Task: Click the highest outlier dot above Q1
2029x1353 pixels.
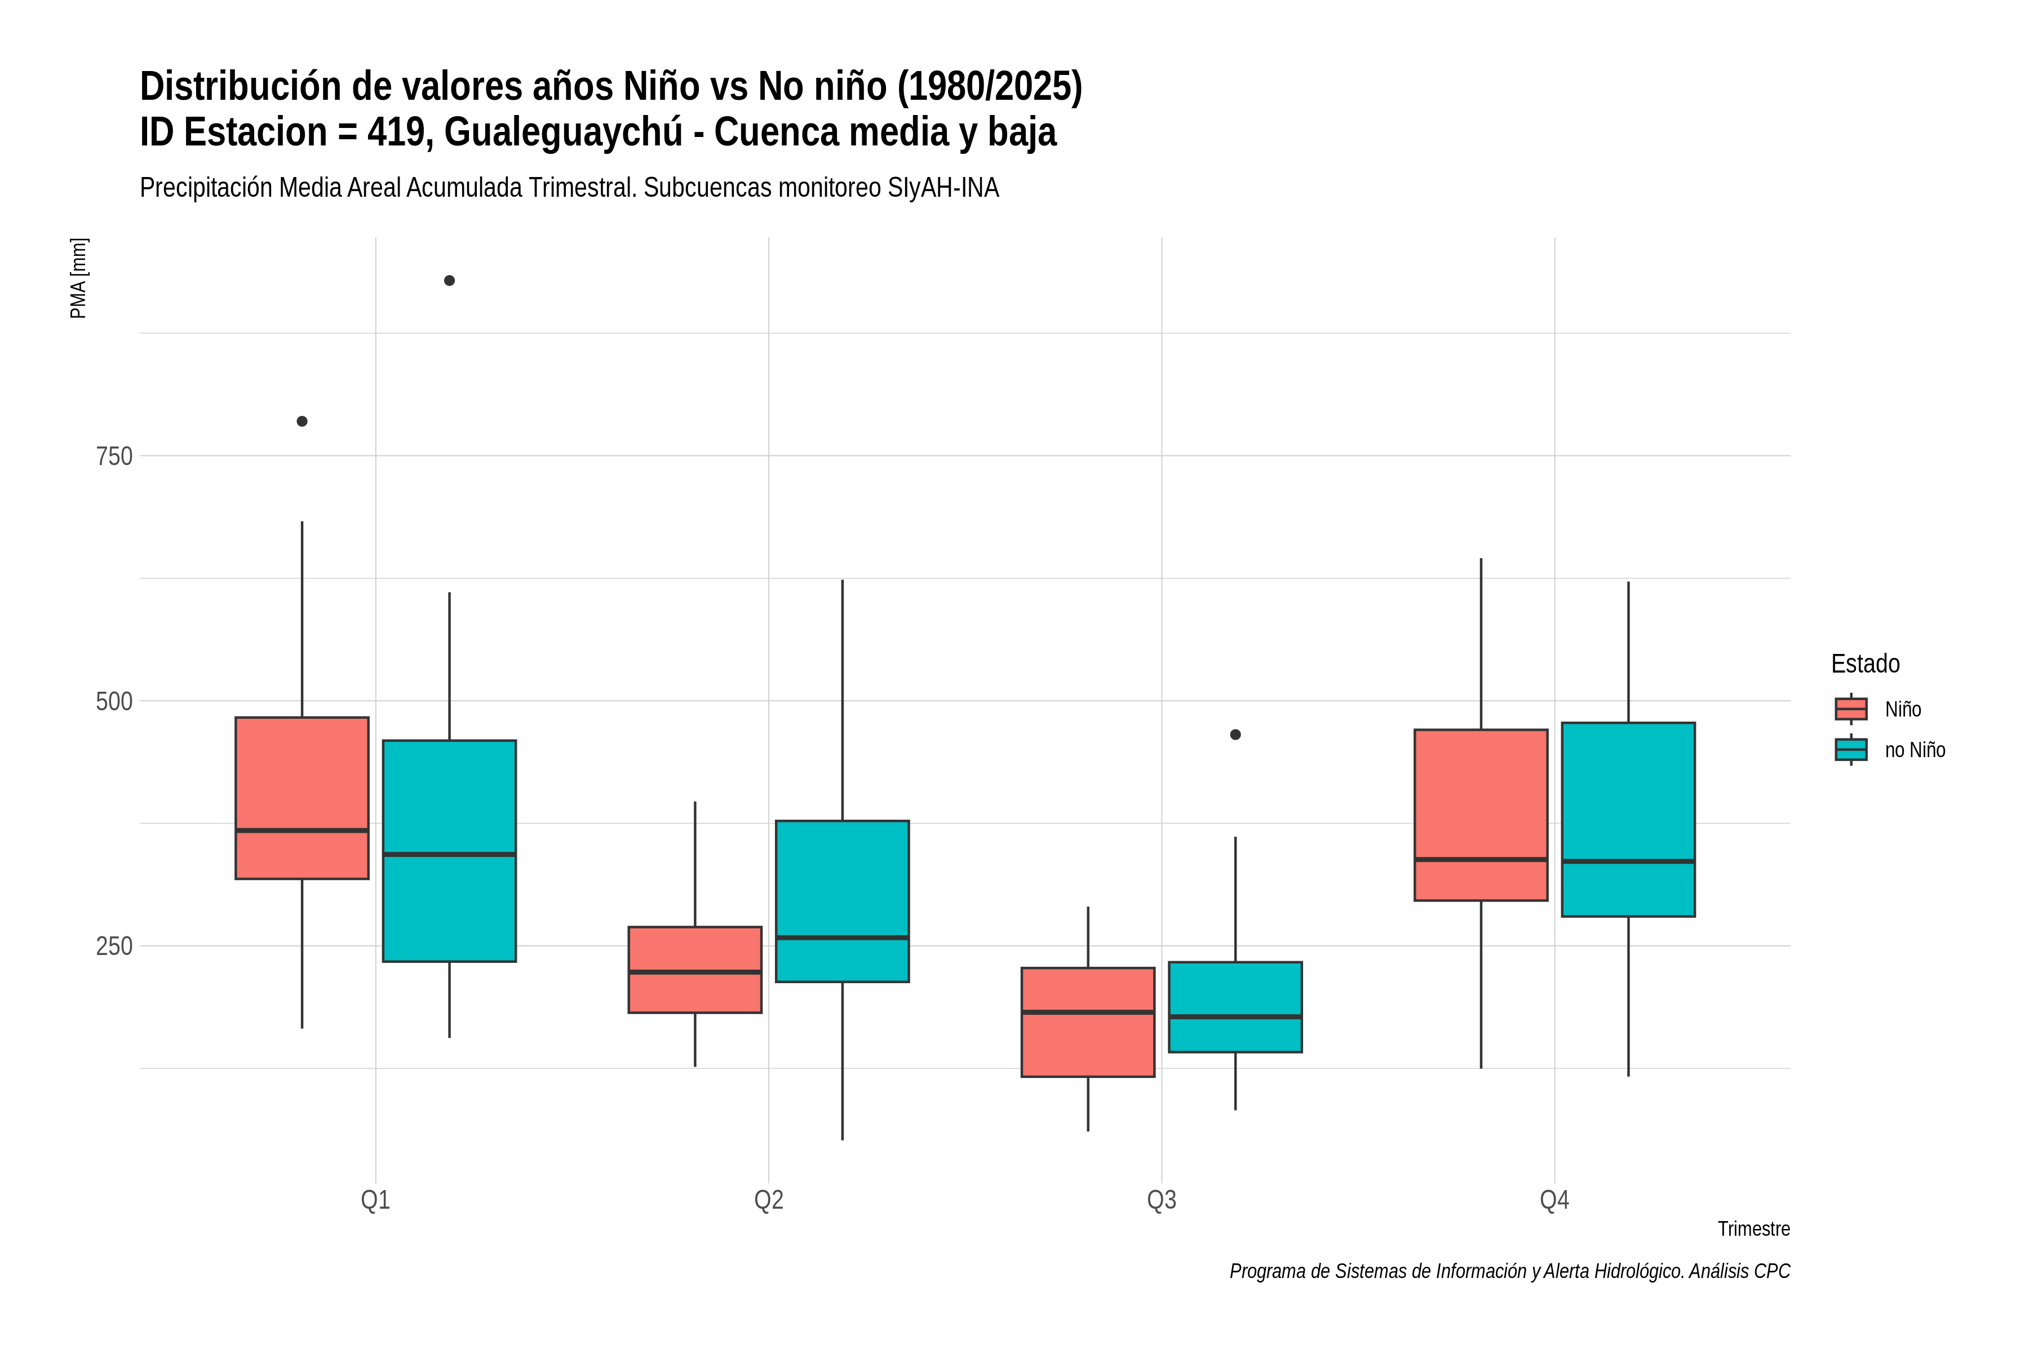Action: click(x=449, y=280)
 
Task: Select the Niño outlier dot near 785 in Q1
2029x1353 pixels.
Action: click(x=302, y=421)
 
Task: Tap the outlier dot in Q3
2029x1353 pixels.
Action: click(x=1235, y=735)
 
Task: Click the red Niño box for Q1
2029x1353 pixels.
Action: click(x=302, y=798)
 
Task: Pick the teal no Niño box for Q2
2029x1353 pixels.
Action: click(x=842, y=901)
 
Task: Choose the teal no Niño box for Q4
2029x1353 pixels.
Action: click(x=1628, y=820)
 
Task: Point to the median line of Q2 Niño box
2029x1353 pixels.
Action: click(x=694, y=972)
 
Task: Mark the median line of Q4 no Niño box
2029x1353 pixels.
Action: click(x=1628, y=861)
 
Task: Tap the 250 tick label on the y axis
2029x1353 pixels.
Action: click(x=114, y=947)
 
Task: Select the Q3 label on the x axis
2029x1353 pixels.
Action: click(x=1161, y=1200)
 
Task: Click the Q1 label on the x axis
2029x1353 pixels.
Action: click(x=375, y=1200)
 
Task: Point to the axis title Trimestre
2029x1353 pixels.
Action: click(x=1754, y=1229)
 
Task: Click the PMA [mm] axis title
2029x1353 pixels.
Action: click(x=78, y=278)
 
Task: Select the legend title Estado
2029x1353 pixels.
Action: click(x=1865, y=664)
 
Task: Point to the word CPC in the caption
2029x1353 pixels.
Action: click(x=1772, y=1271)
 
